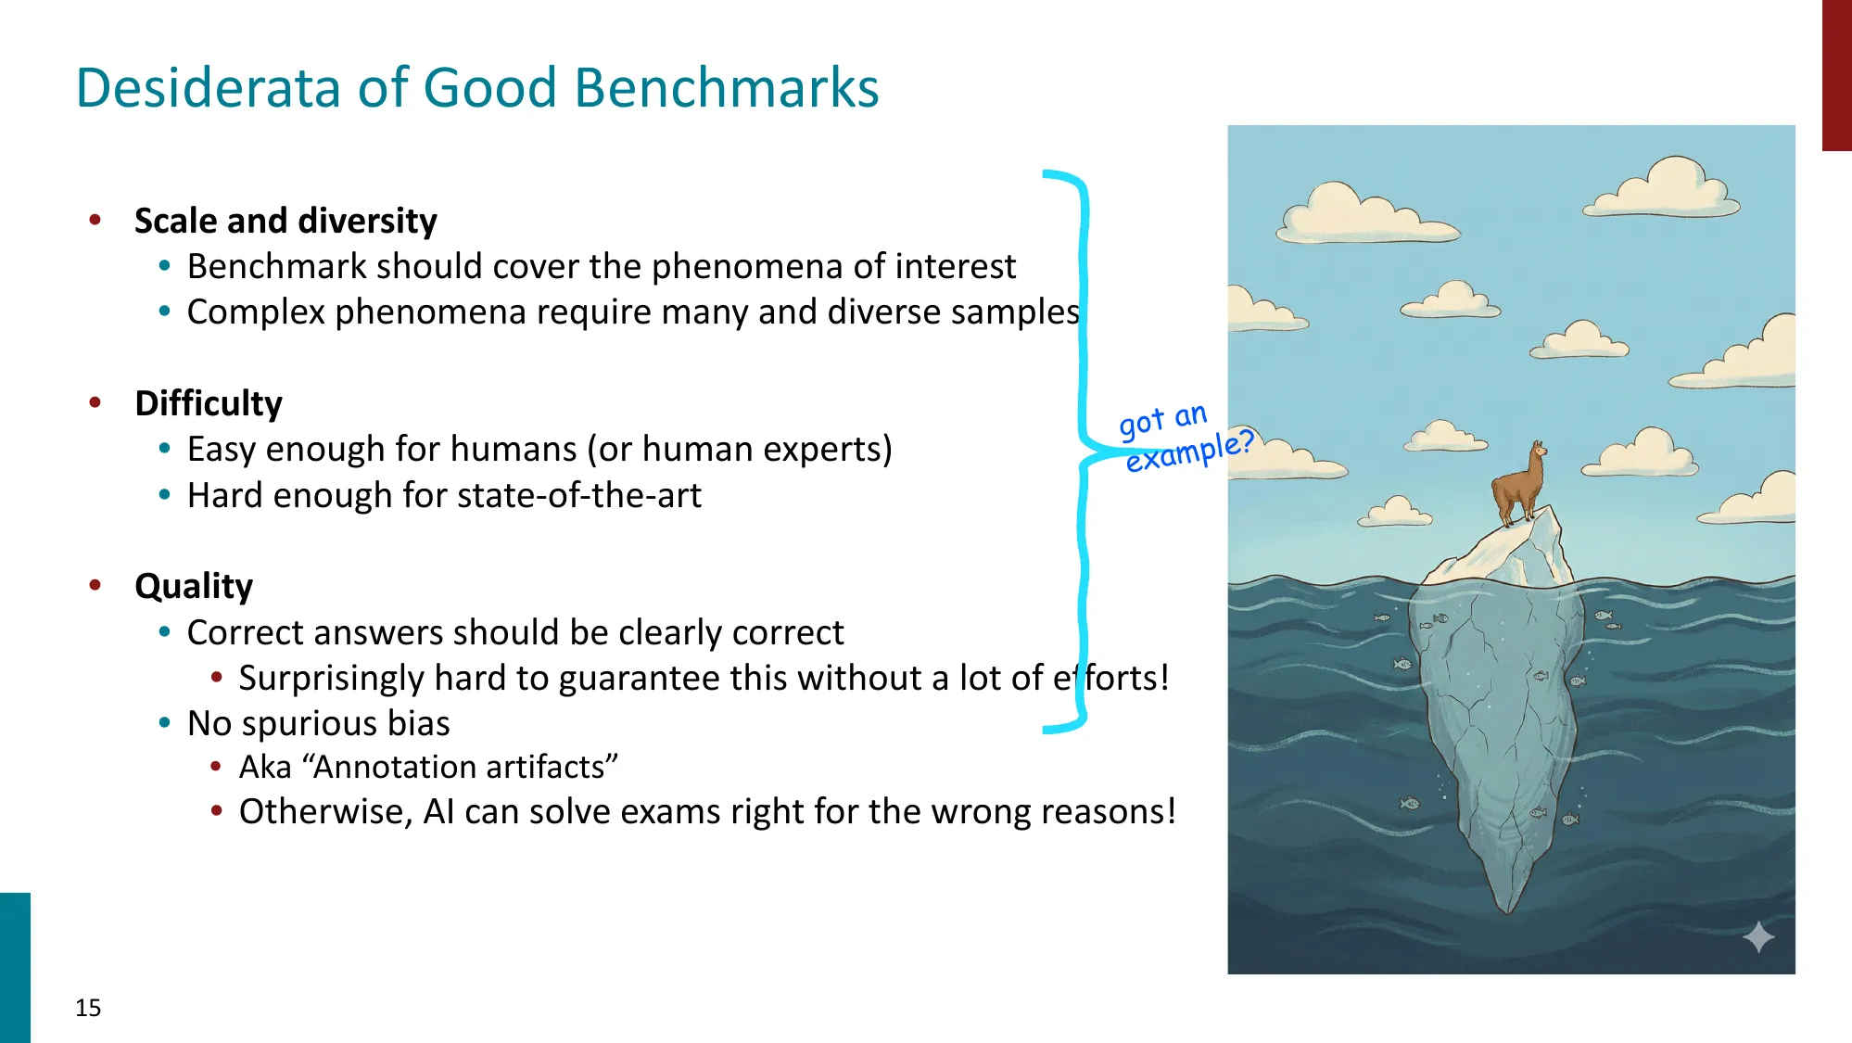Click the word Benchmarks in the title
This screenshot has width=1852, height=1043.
click(x=726, y=88)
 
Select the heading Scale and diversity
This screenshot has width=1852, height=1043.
click(x=285, y=221)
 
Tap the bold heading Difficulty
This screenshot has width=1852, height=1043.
click(x=209, y=403)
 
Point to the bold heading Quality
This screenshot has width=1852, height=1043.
click(x=194, y=586)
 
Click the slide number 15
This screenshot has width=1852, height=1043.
click(x=88, y=1008)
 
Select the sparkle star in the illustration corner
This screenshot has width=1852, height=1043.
click(x=1757, y=937)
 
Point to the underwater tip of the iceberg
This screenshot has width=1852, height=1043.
click(x=1509, y=904)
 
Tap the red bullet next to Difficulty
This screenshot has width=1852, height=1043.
click(x=95, y=402)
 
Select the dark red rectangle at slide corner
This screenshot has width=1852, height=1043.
click(x=1836, y=74)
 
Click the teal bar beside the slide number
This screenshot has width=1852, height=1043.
click(x=15, y=967)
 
